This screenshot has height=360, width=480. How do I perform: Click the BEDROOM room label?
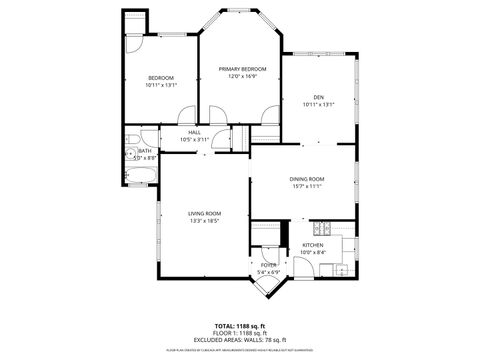pos(161,78)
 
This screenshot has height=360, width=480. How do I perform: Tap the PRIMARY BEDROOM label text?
pos(243,69)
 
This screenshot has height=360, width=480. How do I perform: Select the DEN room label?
pos(318,97)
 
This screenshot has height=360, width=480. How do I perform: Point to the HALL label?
pos(194,132)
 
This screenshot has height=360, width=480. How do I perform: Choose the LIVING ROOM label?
pos(205,213)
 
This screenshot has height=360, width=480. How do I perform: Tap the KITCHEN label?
pos(314,245)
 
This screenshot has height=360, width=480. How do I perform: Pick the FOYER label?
pos(269,264)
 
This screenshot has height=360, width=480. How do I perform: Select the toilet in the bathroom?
pos(131,139)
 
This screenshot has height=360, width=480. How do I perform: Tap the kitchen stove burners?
pos(342,269)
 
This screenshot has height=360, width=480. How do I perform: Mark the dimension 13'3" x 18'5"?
pos(205,220)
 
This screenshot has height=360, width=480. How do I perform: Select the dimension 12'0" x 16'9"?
pos(243,76)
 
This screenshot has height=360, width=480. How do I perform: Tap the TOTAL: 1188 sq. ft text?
pos(240,326)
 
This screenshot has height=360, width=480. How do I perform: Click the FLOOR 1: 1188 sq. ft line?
pos(240,333)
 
